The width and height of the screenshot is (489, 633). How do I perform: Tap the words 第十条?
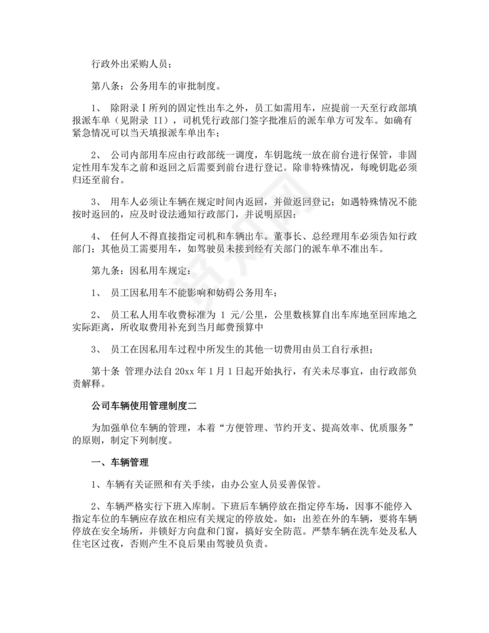click(104, 371)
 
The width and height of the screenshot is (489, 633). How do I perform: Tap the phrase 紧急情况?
click(89, 135)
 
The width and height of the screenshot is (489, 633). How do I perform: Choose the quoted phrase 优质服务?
click(384, 426)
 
